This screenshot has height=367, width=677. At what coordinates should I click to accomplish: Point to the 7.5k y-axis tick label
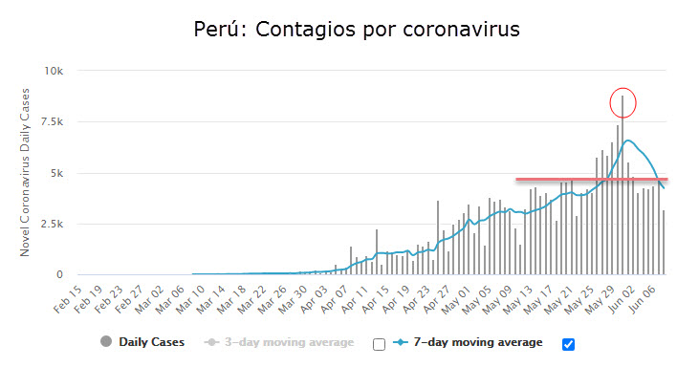click(49, 122)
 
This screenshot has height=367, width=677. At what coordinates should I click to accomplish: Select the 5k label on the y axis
click(54, 174)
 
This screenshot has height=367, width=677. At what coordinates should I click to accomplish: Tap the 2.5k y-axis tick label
click(49, 225)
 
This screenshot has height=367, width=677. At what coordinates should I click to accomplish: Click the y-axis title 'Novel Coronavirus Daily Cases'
click(26, 173)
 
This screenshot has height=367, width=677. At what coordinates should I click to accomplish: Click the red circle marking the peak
click(622, 101)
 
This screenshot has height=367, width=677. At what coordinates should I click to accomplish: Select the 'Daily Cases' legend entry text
click(151, 342)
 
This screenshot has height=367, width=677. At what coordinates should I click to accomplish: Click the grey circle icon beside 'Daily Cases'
click(105, 342)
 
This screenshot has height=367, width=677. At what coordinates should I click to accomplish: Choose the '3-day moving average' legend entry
click(289, 342)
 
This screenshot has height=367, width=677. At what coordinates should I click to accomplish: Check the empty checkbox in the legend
click(379, 344)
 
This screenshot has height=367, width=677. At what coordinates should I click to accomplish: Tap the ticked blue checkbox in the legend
click(570, 344)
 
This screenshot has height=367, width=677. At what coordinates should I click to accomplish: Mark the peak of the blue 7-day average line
click(628, 140)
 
